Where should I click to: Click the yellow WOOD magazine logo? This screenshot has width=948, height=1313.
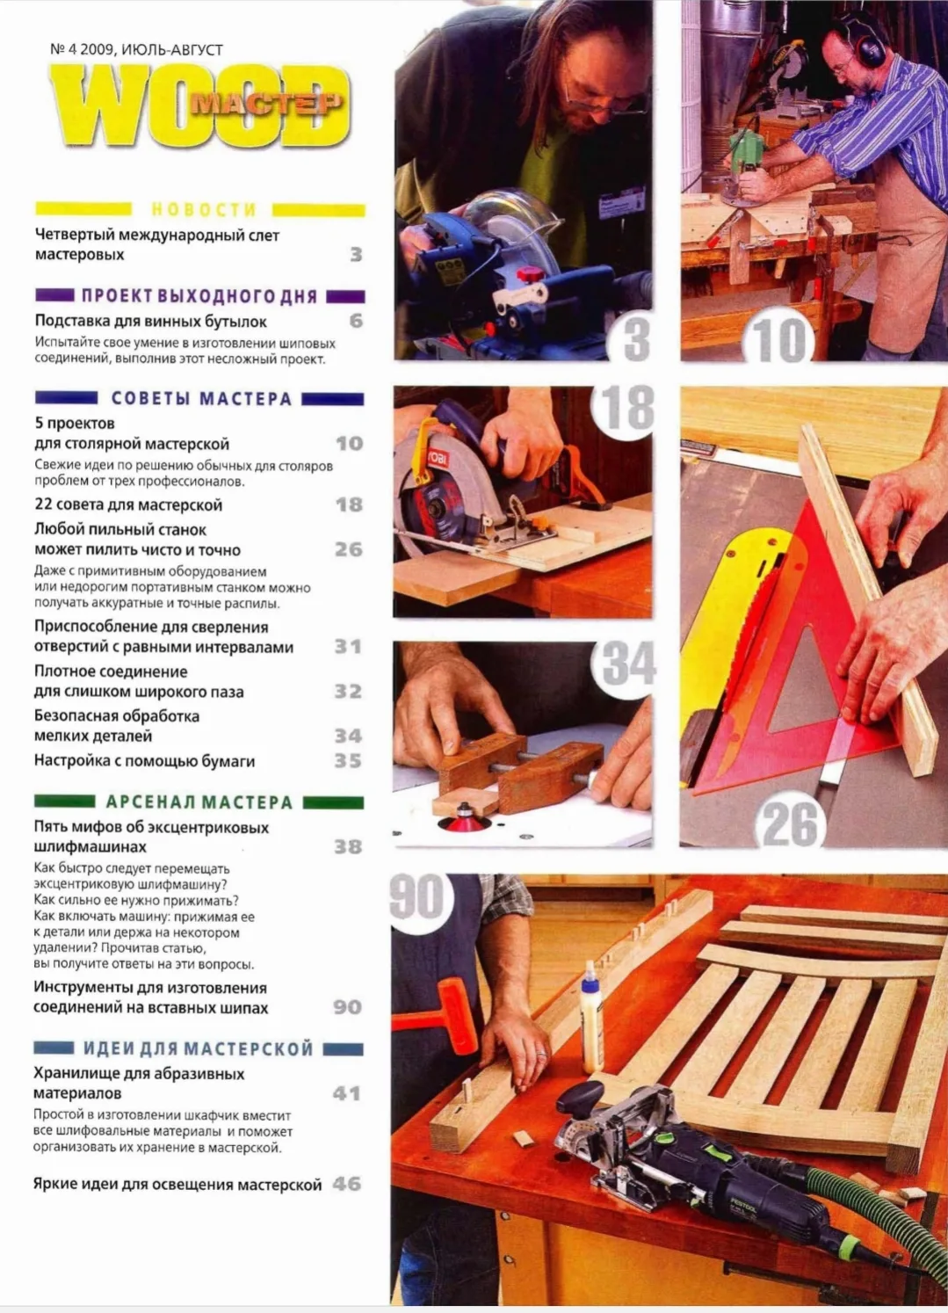tap(200, 105)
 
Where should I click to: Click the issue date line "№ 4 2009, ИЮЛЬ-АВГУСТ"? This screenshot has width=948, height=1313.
tap(136, 49)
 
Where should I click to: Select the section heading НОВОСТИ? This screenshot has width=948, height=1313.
tap(204, 209)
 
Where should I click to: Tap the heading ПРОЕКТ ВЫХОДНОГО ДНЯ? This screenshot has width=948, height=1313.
tap(199, 296)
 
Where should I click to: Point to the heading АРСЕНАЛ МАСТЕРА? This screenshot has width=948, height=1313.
tap(199, 802)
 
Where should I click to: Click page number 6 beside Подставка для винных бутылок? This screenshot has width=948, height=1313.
tap(356, 321)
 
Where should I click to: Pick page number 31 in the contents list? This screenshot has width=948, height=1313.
tap(348, 646)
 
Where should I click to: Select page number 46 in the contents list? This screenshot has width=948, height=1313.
tap(347, 1184)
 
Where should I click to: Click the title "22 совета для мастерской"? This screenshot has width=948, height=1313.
tap(128, 504)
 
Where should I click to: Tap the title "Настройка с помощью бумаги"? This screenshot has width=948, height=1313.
tap(145, 761)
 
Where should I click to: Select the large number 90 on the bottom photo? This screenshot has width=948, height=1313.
tap(417, 896)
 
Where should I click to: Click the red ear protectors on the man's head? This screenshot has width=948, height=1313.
tap(865, 42)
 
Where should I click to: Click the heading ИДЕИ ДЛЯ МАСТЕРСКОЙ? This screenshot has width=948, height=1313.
tap(199, 1048)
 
